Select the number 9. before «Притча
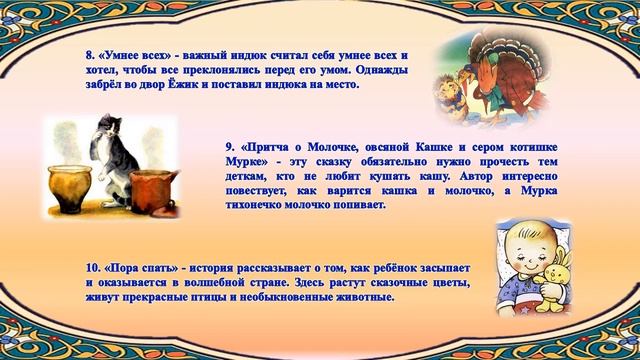pos(231,147)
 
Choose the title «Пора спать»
pos(145,269)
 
